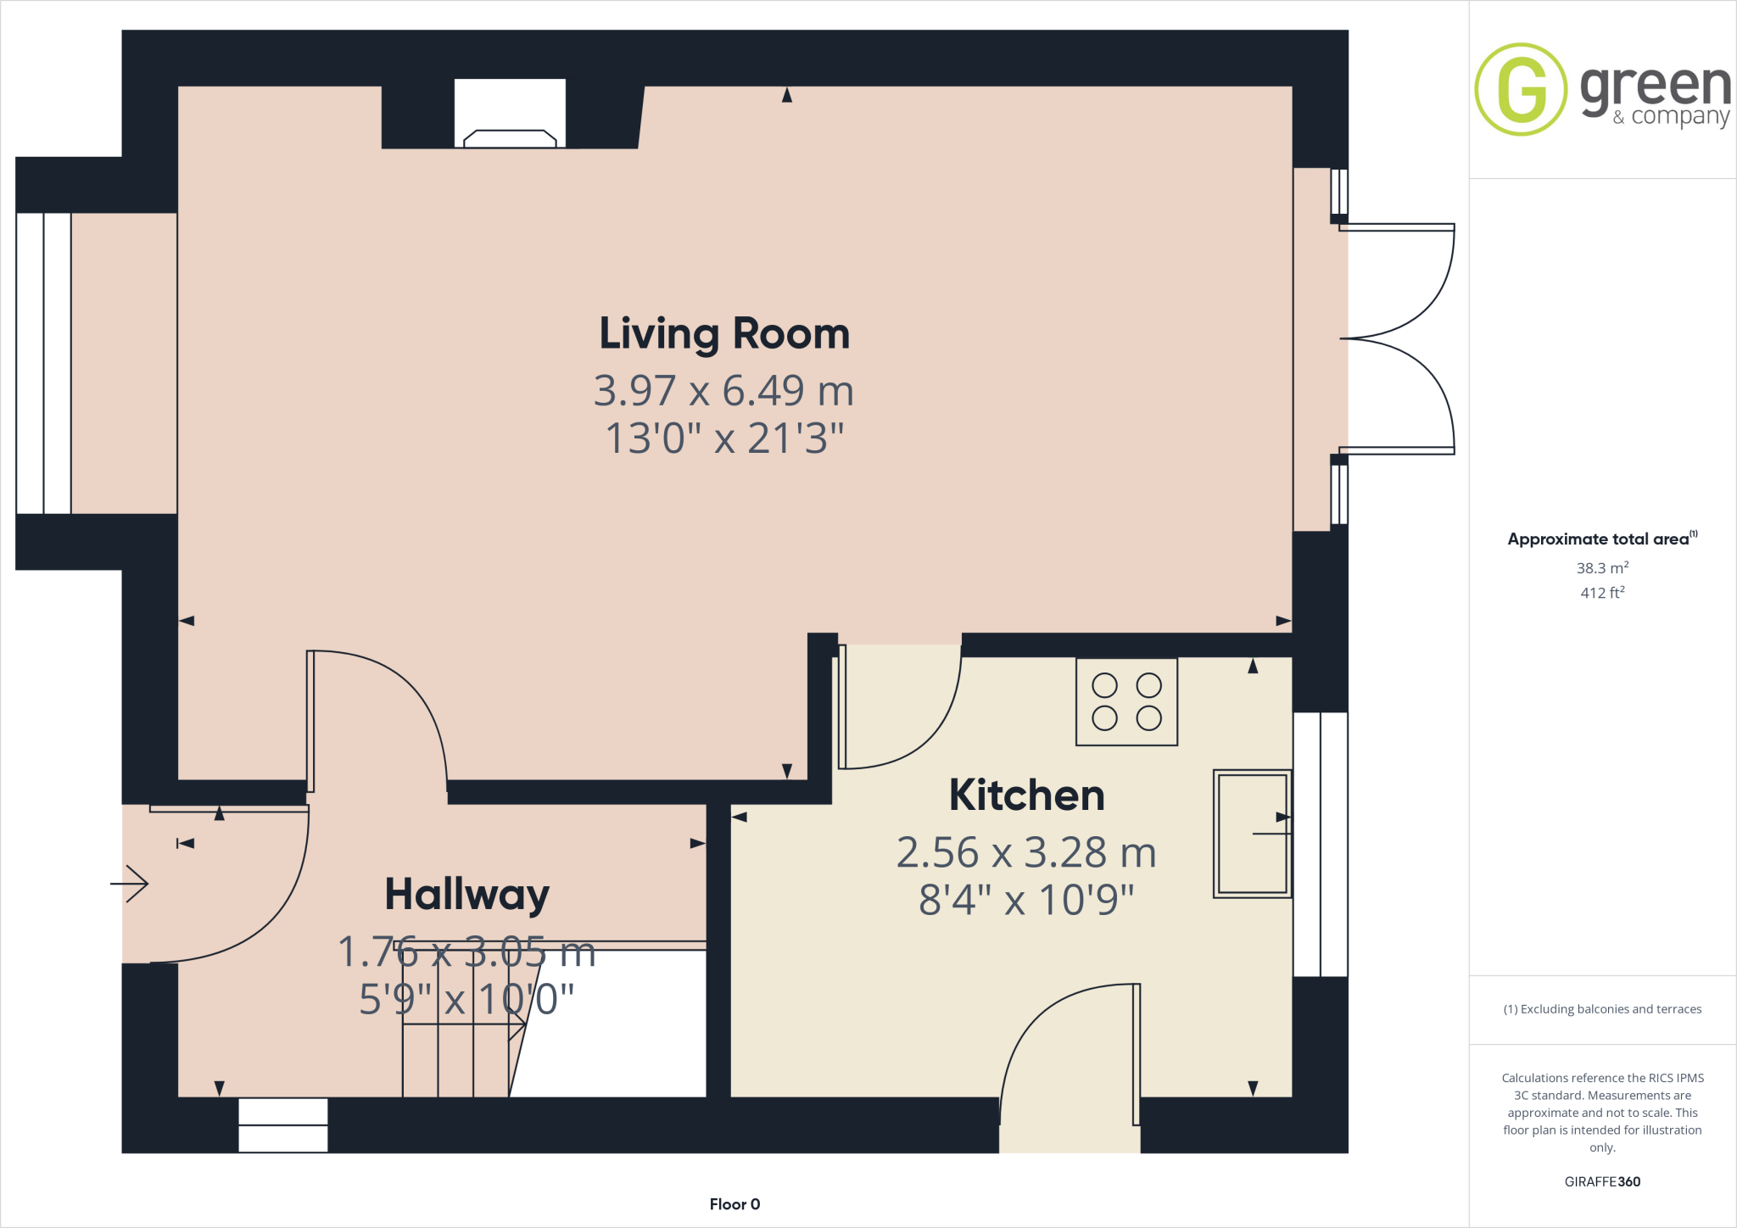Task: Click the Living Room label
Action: coord(724,334)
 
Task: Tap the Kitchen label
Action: coord(1026,795)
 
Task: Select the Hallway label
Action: coord(467,895)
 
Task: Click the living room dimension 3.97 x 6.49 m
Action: coord(723,391)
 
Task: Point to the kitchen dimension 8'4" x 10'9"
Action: coord(1026,901)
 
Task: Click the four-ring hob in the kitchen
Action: coord(1126,701)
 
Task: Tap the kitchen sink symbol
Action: coord(1252,834)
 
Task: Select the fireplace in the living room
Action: coord(510,114)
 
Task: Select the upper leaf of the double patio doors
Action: coord(1399,280)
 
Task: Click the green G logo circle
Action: coord(1521,89)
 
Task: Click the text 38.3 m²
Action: coord(1602,568)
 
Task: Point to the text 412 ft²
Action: coord(1602,593)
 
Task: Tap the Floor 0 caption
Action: coord(734,1204)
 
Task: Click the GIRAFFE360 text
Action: coord(1602,1181)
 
